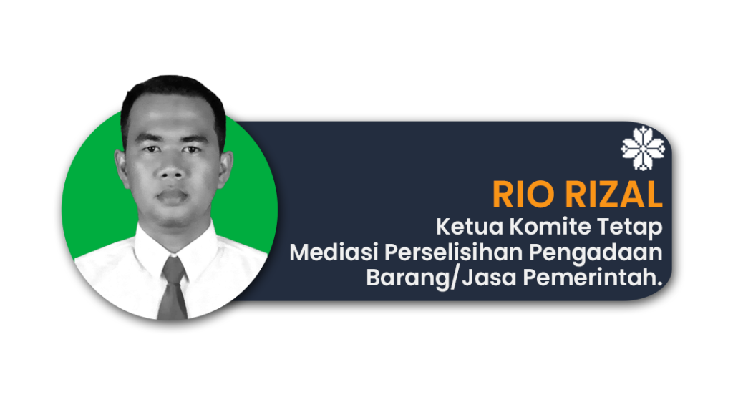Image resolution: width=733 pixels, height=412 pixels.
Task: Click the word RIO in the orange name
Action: [523, 195]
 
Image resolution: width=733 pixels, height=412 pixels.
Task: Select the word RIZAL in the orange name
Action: [613, 195]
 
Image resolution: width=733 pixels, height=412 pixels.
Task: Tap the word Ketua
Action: [470, 227]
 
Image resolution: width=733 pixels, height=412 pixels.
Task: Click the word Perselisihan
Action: [453, 252]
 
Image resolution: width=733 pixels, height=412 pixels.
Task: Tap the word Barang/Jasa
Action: [441, 278]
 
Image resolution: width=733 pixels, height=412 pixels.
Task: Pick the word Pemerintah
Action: [593, 278]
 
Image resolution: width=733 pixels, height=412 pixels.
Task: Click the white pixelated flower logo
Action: [643, 148]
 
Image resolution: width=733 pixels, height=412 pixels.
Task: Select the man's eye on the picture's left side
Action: [150, 149]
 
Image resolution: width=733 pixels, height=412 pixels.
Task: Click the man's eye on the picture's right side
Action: [191, 149]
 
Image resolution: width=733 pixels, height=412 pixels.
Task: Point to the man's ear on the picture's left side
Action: [121, 169]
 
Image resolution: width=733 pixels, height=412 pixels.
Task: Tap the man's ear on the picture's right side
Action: [225, 168]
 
